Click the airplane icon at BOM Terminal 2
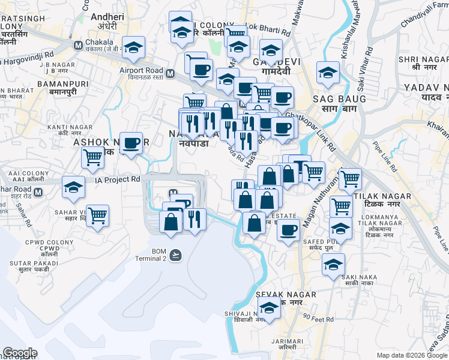[175, 255]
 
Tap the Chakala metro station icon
[78, 45]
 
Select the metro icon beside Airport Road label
[170, 74]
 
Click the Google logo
[20, 353]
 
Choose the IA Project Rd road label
[117, 179]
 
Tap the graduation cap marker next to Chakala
[133, 47]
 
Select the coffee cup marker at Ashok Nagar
[131, 143]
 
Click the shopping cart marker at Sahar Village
[97, 215]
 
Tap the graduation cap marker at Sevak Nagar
[269, 307]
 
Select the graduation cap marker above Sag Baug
[328, 73]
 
